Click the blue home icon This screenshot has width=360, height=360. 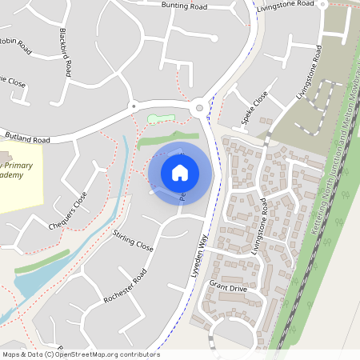pos(180,172)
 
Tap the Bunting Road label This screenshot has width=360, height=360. pos(184,6)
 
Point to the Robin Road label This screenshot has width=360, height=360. pos(16,42)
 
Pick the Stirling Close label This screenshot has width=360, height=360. pos(133,239)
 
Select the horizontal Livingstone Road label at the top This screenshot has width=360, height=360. pos(286,6)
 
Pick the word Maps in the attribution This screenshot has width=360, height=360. pos(12,354)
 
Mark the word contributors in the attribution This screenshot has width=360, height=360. pos(138,354)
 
